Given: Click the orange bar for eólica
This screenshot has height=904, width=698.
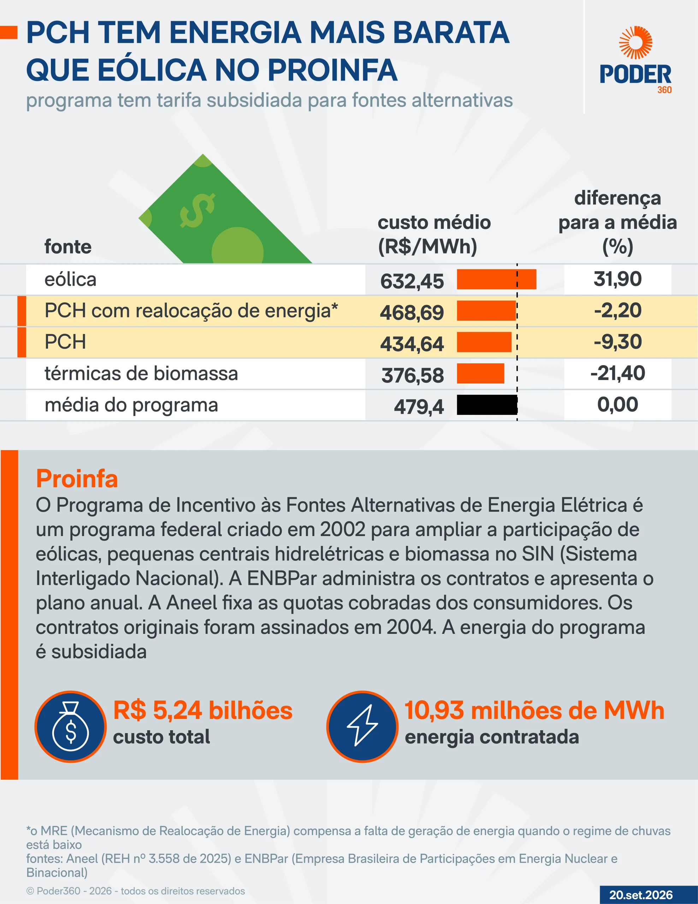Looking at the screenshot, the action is (x=496, y=279).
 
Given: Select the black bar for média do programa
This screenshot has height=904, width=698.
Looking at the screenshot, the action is (x=487, y=405).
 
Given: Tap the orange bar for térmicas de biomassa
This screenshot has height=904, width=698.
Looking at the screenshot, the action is (x=481, y=373).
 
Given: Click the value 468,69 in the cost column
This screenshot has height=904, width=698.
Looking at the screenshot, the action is (x=412, y=313).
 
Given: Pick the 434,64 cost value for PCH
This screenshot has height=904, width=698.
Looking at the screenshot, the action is (x=412, y=344).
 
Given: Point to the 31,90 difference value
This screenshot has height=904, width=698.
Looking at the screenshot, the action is (x=618, y=279).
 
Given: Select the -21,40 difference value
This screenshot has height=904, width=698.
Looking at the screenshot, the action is (x=618, y=373).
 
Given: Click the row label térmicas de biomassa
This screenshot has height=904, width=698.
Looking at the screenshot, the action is (x=141, y=373).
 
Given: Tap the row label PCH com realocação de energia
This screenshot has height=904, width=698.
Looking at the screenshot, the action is (x=191, y=311).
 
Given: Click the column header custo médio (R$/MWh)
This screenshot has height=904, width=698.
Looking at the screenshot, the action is (x=434, y=234).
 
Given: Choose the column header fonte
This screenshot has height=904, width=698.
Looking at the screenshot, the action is (x=68, y=247).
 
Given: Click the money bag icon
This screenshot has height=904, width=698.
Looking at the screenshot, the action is (x=71, y=727).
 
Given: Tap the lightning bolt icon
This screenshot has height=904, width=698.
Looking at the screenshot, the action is (x=362, y=726).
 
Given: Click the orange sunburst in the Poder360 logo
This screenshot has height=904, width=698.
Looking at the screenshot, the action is (x=635, y=43).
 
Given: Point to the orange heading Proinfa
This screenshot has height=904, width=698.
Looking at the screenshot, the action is (x=77, y=479).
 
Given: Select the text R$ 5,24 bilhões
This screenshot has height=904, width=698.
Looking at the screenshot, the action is (x=203, y=710).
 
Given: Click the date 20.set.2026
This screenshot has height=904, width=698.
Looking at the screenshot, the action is (x=641, y=895).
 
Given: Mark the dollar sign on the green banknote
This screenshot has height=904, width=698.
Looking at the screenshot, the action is (x=197, y=210).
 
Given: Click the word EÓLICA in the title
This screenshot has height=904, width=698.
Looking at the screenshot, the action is (x=152, y=70).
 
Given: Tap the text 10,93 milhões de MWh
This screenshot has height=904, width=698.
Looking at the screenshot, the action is (x=534, y=710).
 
